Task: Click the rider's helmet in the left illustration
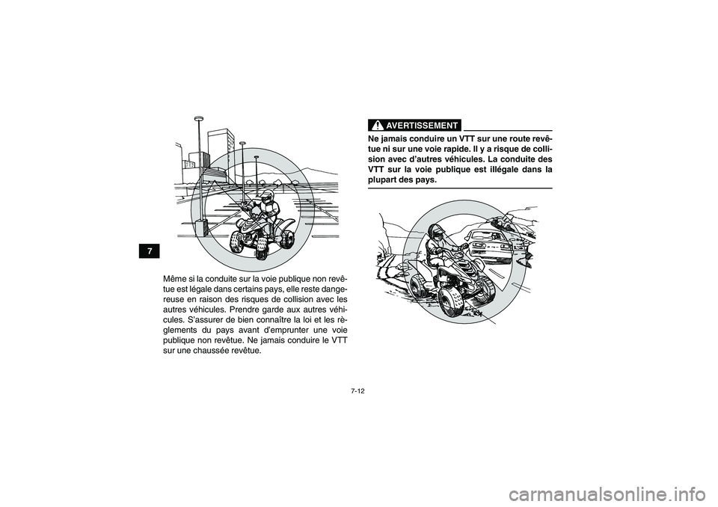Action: pyautogui.click(x=266, y=198)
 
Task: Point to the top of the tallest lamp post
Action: pyautogui.click(x=198, y=119)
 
